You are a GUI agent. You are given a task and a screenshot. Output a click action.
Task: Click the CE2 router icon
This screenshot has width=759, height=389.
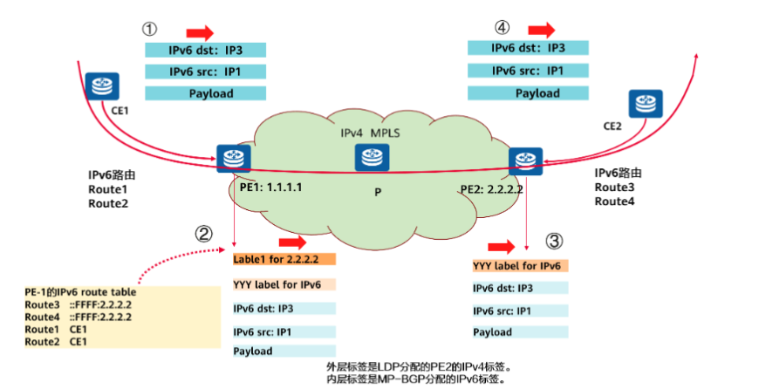coord(642,104)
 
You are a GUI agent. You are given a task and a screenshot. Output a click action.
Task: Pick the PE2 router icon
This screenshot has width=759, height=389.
coord(526,159)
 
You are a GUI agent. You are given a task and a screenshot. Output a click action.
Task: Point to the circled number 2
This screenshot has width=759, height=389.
coord(203,233)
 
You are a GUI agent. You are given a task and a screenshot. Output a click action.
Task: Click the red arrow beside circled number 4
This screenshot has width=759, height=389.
coord(541,31)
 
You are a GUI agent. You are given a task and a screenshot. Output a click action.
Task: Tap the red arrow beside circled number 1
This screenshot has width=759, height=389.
coord(198,32)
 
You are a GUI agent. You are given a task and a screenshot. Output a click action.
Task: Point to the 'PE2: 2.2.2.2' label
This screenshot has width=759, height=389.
coord(492,189)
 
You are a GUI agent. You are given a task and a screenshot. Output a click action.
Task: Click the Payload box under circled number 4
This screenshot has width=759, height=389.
coord(525,92)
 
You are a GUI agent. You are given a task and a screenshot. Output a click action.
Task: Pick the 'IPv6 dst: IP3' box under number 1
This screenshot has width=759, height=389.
coord(205,51)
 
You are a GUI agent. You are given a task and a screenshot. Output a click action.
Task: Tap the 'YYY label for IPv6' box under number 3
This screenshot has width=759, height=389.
coord(520,266)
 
